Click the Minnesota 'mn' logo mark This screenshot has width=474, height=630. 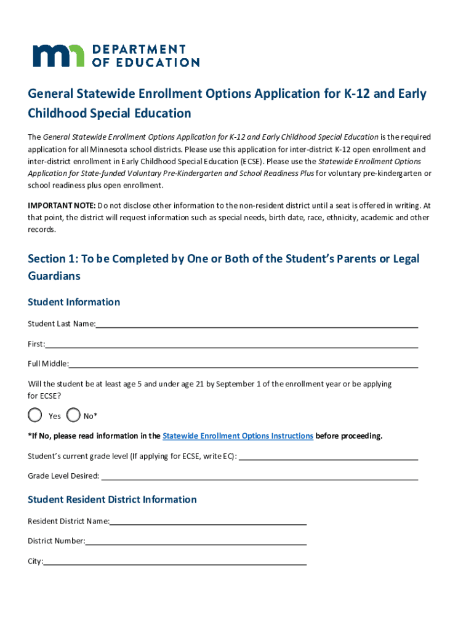58,55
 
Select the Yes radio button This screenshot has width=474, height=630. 36,415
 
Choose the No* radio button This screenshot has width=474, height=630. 73,415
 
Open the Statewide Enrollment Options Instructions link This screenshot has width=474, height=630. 238,436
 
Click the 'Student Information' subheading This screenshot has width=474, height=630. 74,302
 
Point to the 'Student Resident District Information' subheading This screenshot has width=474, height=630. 112,500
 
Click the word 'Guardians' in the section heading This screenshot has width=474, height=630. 54,276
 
